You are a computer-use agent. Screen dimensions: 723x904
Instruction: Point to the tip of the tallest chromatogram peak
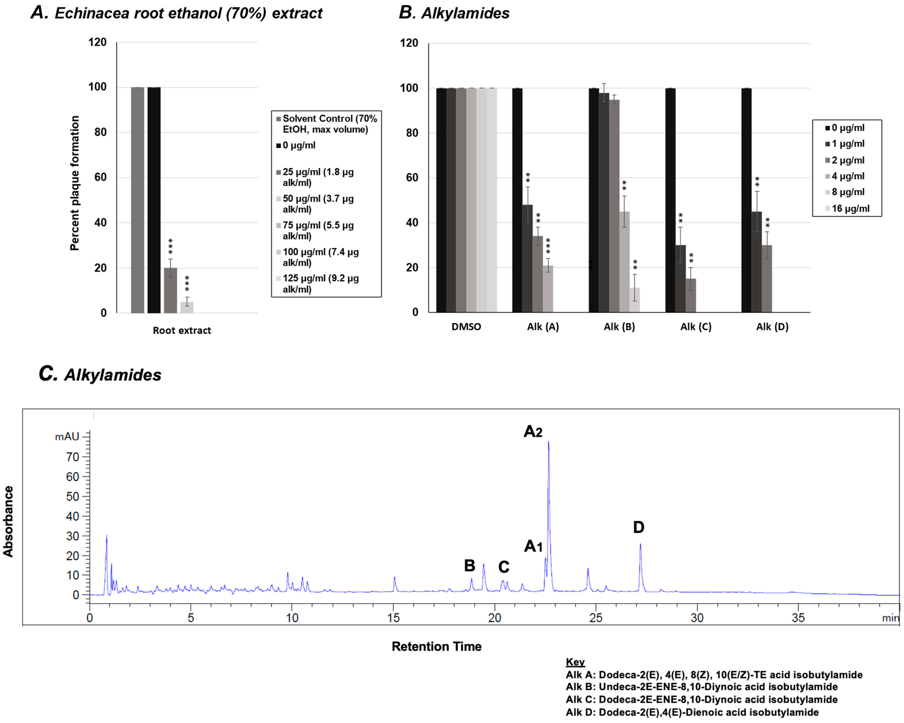pyautogui.click(x=548, y=442)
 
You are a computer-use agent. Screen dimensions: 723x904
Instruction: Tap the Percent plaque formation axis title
pyautogui.click(x=75, y=183)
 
